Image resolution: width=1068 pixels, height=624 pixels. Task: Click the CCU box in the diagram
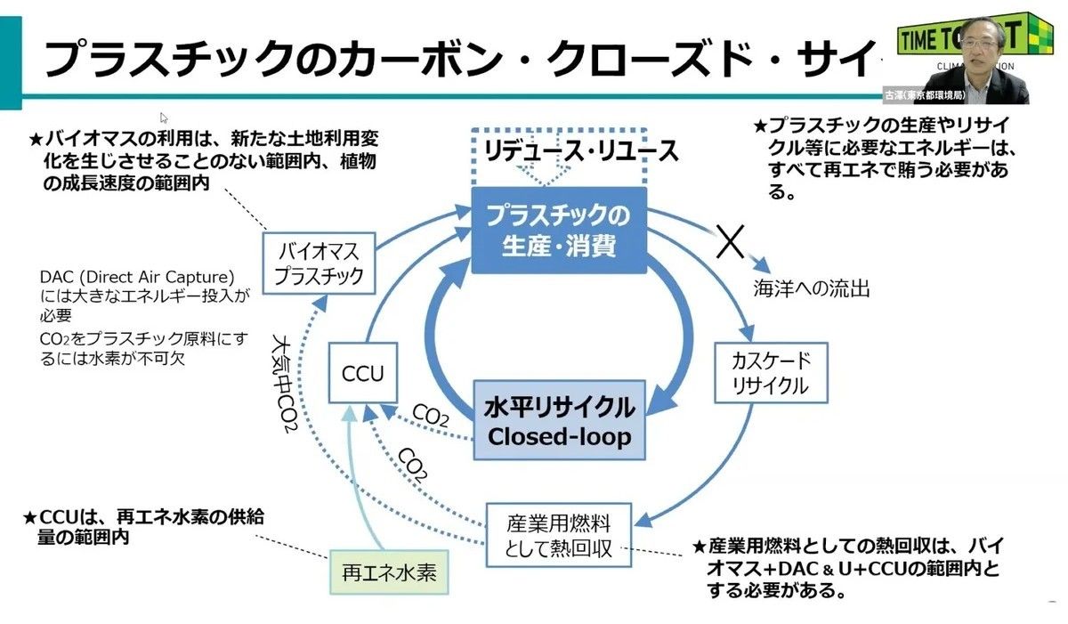(x=363, y=373)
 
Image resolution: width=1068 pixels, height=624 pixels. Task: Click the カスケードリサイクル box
(x=771, y=373)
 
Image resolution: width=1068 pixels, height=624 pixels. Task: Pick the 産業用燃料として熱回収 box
(x=558, y=534)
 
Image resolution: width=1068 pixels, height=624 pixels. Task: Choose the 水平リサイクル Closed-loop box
(x=559, y=421)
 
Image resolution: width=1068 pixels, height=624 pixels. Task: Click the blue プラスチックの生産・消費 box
(x=558, y=230)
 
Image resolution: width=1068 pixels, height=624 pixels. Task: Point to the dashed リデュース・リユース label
(x=581, y=150)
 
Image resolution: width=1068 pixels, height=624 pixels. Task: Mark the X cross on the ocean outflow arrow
(x=730, y=239)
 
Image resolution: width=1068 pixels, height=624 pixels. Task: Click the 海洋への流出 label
(x=811, y=288)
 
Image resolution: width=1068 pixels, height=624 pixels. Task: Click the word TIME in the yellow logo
(x=928, y=39)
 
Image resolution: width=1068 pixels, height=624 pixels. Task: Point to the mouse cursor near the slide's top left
(x=164, y=118)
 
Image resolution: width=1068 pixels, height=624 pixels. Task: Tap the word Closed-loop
(x=559, y=436)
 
